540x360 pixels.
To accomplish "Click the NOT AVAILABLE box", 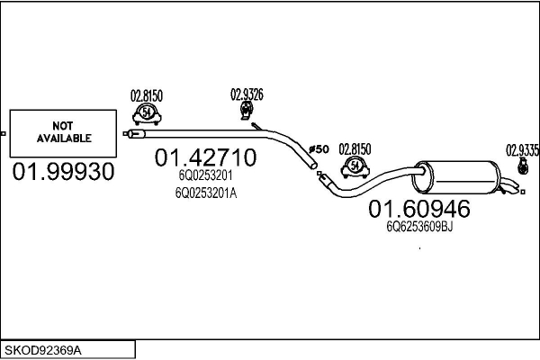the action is [x=63, y=133].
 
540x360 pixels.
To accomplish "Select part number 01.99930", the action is [x=63, y=172].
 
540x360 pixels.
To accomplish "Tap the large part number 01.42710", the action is [x=205, y=157].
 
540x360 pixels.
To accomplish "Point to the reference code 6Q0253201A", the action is [x=206, y=193].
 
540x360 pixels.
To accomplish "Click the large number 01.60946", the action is [x=419, y=209].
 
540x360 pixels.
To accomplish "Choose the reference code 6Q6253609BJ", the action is [x=419, y=227].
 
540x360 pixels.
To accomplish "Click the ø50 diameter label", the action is [x=319, y=149].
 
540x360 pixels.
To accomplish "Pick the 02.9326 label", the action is [x=247, y=94].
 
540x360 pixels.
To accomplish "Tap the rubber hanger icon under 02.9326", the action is [x=247, y=111].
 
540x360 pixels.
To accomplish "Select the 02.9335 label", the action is [x=522, y=150].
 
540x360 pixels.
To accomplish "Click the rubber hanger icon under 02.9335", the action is [x=523, y=166].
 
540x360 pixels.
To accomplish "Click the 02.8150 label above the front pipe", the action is [x=147, y=95].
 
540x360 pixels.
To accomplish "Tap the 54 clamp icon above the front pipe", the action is [x=147, y=114].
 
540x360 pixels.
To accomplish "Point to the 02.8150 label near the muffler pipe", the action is [x=355, y=149].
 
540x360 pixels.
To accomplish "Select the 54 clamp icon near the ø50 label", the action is [x=355, y=167].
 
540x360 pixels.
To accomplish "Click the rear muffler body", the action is [x=457, y=177].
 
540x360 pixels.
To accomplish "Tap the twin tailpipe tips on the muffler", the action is [x=509, y=186].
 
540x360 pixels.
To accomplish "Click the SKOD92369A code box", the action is [x=67, y=350].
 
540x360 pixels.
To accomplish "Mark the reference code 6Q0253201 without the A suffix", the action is [x=205, y=175].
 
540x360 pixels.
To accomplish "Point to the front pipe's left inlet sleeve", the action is [x=137, y=134].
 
